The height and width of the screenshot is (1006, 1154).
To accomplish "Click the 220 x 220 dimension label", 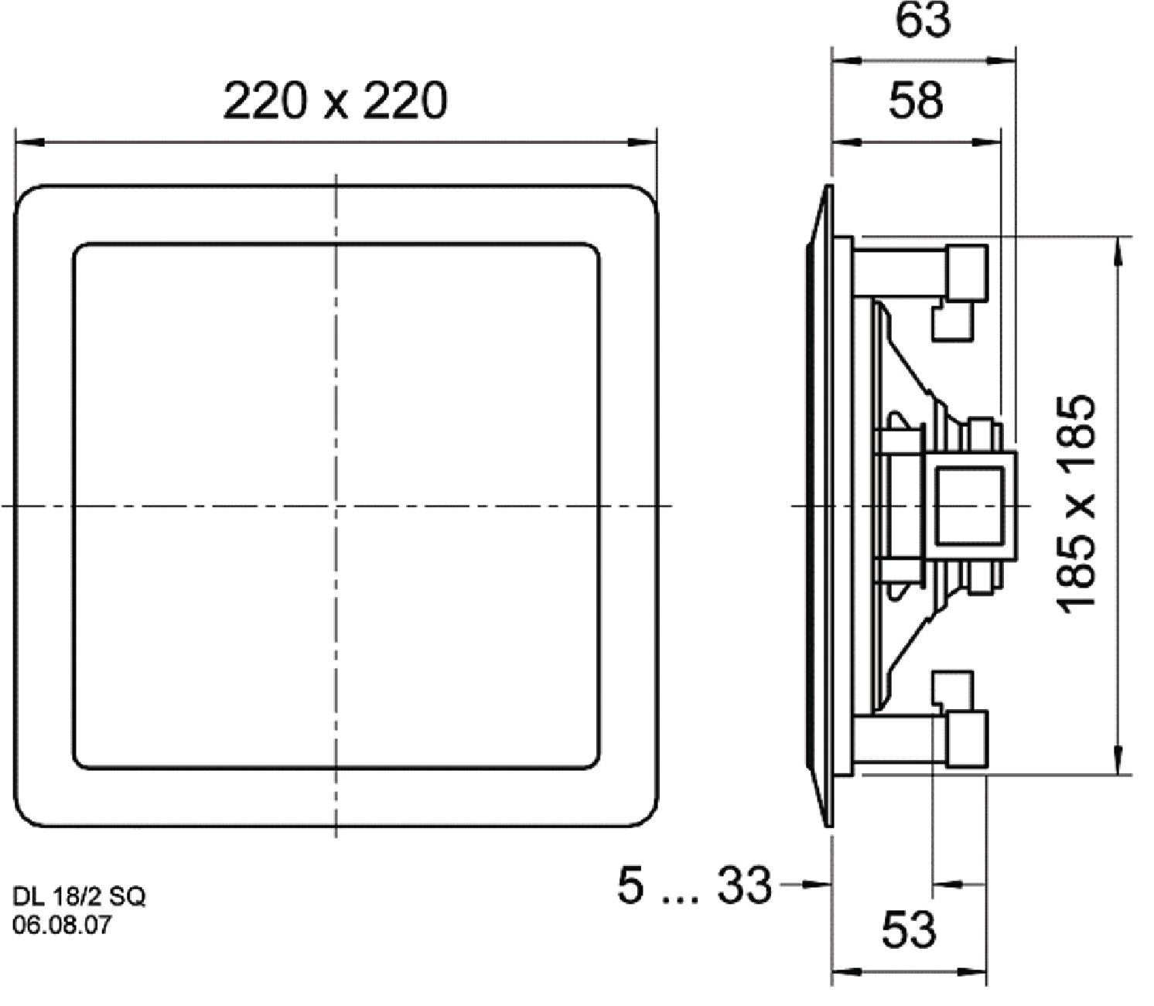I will pyautogui.click(x=335, y=101).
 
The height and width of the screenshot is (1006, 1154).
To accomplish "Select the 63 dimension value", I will pyautogui.click(x=922, y=20).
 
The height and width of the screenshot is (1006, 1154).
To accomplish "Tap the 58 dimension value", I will pyautogui.click(x=916, y=101).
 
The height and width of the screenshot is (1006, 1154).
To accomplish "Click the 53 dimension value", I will pyautogui.click(x=909, y=929).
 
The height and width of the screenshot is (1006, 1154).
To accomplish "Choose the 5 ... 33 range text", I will pyautogui.click(x=694, y=885).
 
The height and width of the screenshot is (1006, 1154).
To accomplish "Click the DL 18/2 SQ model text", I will pyautogui.click(x=79, y=896).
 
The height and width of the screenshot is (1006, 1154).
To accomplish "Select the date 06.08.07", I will pyautogui.click(x=62, y=924).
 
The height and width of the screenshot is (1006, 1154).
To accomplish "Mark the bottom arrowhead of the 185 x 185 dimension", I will pyautogui.click(x=1117, y=761).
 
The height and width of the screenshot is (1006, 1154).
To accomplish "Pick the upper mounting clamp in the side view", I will pyautogui.click(x=965, y=275).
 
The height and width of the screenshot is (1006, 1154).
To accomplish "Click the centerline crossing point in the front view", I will pyautogui.click(x=336, y=506).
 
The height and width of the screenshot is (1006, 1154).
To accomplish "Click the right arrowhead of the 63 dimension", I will pyautogui.click(x=1004, y=60).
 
